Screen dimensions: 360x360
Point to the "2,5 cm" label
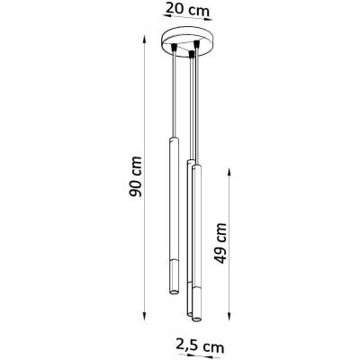click(193, 346)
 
